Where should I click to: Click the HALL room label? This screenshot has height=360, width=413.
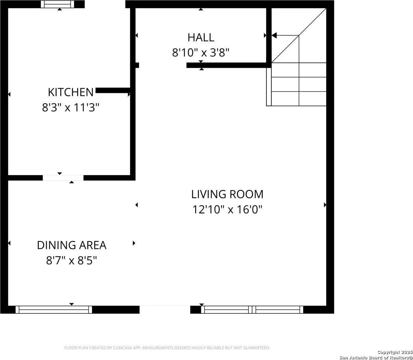(201, 38)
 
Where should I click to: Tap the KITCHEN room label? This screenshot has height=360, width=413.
(71, 92)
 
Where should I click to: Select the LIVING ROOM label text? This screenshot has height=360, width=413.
(227, 194)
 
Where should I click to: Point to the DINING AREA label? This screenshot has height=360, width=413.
(72, 245)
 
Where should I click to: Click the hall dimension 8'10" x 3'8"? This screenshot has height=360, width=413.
(201, 53)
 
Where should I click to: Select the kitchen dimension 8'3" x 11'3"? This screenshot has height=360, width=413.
(71, 107)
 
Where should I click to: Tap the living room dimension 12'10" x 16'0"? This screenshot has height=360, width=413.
(227, 209)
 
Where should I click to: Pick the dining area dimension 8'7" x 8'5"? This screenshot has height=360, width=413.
(72, 260)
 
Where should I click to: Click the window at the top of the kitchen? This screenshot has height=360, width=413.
(57, 4)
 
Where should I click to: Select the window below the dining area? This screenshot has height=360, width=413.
(54, 309)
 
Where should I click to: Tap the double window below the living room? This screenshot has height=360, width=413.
(252, 309)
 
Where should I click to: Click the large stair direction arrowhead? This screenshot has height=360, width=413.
(274, 36)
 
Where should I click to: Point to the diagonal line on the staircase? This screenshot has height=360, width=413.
(299, 36)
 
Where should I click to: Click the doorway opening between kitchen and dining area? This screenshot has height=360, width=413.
(63, 178)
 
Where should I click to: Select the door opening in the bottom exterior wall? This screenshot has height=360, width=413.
(165, 309)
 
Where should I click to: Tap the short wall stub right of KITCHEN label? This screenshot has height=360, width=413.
(113, 90)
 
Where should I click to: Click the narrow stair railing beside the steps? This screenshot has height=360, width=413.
(269, 87)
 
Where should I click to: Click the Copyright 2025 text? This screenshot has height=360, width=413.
(395, 352)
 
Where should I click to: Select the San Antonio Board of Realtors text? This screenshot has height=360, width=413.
(376, 358)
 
